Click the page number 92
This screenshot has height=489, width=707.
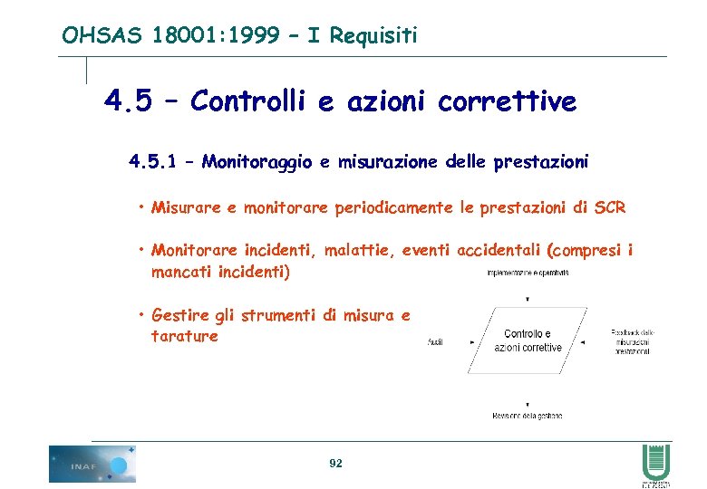[x=335, y=464]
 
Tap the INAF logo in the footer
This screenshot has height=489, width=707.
[x=92, y=464]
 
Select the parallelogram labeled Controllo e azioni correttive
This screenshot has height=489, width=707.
[x=528, y=340]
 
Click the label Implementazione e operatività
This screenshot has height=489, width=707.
[x=528, y=272]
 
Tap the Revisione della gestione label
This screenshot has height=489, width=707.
[x=528, y=416]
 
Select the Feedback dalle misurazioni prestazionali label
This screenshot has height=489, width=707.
[x=632, y=341]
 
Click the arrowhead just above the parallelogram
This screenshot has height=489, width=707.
[x=528, y=298]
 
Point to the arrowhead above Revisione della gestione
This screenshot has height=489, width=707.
[x=528, y=404]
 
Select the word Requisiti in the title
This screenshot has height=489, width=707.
[x=373, y=35]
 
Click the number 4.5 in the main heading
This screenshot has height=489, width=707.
[x=129, y=101]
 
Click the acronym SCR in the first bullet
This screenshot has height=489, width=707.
[x=610, y=207]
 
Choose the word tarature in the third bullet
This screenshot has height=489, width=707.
[x=185, y=336]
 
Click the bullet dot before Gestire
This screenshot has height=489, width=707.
[x=142, y=315]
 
